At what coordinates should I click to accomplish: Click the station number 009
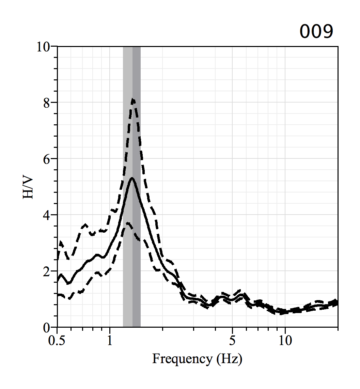(316, 32)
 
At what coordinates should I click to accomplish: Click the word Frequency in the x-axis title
(182, 359)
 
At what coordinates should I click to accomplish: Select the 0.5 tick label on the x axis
(57, 340)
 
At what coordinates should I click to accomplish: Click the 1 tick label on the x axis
(110, 340)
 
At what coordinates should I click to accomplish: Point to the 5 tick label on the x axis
(232, 340)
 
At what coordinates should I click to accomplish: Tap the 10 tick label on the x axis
(285, 340)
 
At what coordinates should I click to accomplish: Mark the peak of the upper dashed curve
(134, 99)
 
